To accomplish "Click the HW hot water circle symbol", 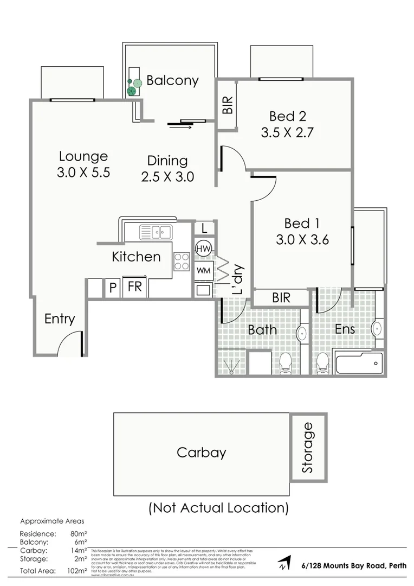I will click(x=203, y=249).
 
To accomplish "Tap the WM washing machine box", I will click(x=203, y=270).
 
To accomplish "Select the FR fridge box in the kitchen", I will click(x=134, y=286).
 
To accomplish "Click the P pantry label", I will click(x=113, y=288).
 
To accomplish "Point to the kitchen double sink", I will click(x=156, y=232).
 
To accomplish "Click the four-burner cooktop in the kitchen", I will click(x=182, y=262).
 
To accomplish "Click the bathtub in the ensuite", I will click(x=359, y=363).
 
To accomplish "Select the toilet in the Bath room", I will click(x=286, y=364).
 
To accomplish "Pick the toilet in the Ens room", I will click(x=322, y=363).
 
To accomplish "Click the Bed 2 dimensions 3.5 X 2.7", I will click(x=287, y=132).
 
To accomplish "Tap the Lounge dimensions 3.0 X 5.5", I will click(x=83, y=173).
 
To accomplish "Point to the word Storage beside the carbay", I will click(x=308, y=447).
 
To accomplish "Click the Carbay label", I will click(x=201, y=453).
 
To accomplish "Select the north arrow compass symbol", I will click(x=283, y=563).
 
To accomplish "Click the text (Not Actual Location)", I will click(x=218, y=508).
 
